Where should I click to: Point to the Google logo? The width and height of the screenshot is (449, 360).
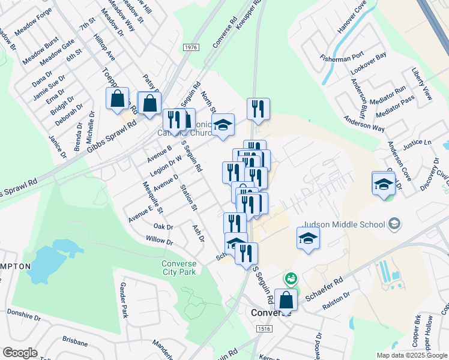[x=20, y=353]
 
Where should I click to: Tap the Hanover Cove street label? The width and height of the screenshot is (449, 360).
[x=352, y=17]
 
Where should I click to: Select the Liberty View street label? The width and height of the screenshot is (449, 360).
[x=422, y=84]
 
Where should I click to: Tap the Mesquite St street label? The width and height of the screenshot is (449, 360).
[x=152, y=197]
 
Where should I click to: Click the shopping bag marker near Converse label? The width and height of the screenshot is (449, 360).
[x=286, y=299]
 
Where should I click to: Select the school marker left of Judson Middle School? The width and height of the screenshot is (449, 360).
[x=309, y=238]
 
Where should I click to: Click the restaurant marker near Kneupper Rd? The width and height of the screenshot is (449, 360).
[x=258, y=109]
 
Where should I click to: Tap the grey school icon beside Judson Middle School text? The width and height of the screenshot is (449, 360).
[x=394, y=224]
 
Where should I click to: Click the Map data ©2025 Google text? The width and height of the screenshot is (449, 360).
[x=412, y=355]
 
